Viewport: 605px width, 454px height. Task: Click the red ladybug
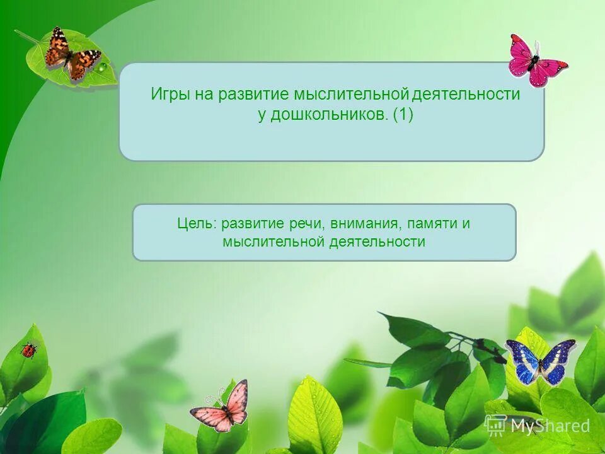pyautogui.click(x=28, y=351)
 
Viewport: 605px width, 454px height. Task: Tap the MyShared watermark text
pyautogui.click(x=550, y=426)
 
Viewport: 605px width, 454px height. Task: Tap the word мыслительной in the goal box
pyautogui.click(x=273, y=242)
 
